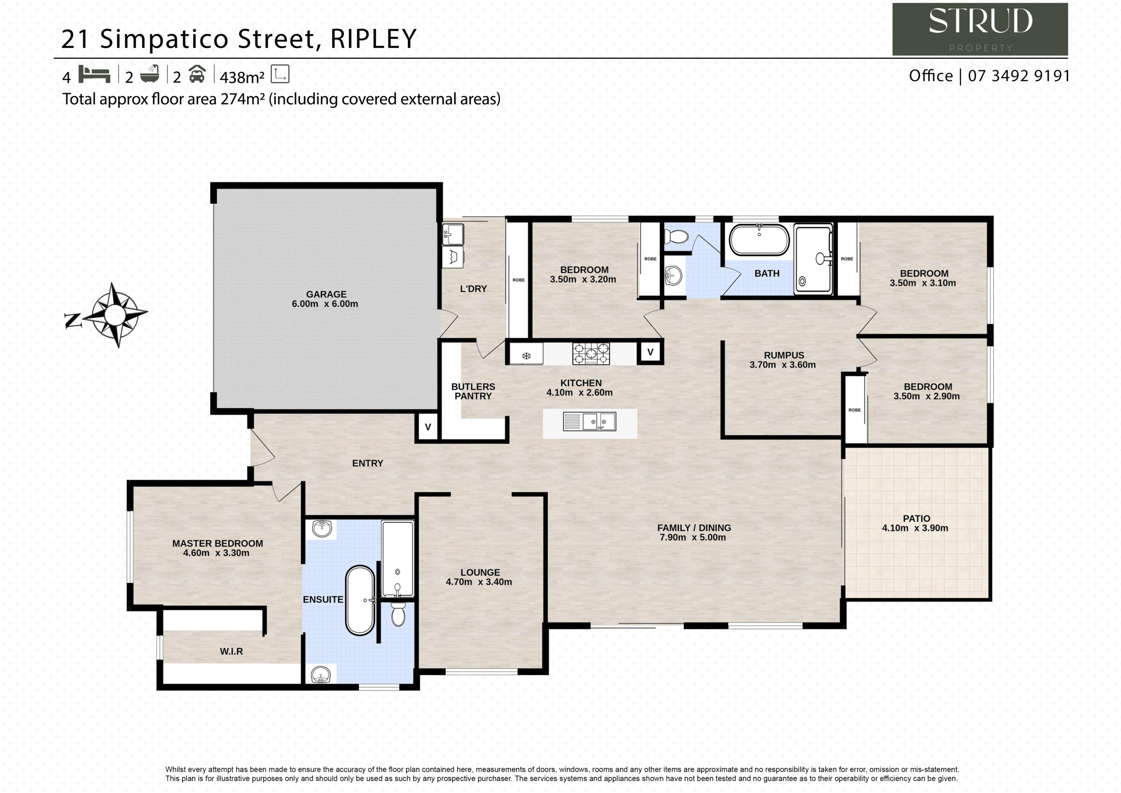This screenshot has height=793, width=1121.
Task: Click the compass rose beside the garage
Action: pos(114,315)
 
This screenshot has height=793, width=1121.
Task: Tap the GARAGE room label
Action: pos(326,294)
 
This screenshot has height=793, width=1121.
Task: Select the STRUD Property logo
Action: pos(980,29)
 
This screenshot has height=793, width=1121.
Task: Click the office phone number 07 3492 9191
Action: pos(1019,76)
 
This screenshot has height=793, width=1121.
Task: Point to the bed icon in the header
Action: pos(94,74)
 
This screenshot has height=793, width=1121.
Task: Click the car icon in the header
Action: pos(197,74)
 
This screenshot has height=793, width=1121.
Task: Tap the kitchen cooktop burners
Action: pos(591,354)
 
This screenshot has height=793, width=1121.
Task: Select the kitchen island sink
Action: pos(590,421)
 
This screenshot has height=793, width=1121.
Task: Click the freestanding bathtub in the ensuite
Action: pos(360,601)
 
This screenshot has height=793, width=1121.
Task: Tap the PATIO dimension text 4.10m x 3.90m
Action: pos(915,527)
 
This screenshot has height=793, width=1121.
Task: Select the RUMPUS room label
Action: pos(784,355)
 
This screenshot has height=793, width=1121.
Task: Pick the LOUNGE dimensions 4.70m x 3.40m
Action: pos(479,582)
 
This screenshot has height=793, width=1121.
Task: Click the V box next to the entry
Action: pos(428,427)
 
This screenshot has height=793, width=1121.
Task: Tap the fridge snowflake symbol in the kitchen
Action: pos(526,356)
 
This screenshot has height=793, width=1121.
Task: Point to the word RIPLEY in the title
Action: pos(374,39)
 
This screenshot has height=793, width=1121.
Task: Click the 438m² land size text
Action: pos(242,77)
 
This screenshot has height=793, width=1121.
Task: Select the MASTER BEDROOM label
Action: pos(217,543)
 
